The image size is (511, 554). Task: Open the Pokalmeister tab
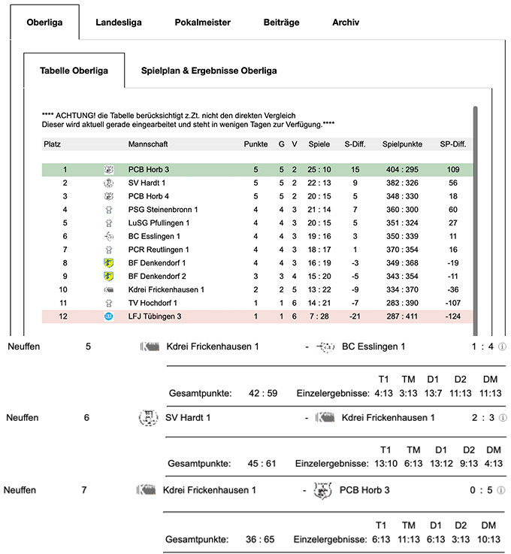pos(202,23)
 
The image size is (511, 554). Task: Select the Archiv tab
pos(346,23)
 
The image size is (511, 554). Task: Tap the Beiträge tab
pos(281,23)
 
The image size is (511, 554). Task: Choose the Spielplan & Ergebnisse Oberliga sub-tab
pos(209,71)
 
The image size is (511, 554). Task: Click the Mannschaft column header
pos(148,144)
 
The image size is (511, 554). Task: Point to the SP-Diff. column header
pos(452,144)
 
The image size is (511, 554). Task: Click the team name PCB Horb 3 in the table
pos(149,170)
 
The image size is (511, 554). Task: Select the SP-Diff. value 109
pos(452,170)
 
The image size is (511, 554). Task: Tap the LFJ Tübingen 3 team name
pos(156,316)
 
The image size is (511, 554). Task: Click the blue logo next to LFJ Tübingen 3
pos(108,316)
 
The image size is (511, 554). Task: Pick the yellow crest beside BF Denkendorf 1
pos(108,262)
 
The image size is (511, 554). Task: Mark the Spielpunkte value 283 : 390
pos(403,302)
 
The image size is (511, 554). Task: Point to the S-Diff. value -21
pos(355,316)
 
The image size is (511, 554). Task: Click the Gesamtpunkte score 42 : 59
pos(262,393)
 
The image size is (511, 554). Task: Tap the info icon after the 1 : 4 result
pos(503,347)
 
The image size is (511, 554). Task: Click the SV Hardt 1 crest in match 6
pos(149,417)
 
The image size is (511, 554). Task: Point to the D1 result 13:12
pos(441,464)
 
